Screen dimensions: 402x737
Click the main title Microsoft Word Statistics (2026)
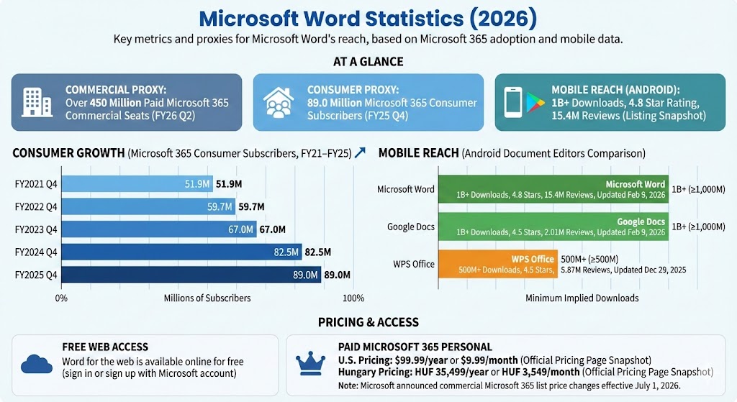click(x=368, y=17)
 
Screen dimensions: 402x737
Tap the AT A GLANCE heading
click(x=368, y=62)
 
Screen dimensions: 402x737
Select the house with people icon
click(x=277, y=101)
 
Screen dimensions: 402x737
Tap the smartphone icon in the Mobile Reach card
click(x=512, y=102)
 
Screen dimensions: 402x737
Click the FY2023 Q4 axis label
click(x=35, y=229)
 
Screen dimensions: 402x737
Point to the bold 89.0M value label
click(x=337, y=275)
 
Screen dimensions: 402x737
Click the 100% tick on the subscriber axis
click(x=353, y=298)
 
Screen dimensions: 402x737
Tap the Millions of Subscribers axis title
click(x=207, y=298)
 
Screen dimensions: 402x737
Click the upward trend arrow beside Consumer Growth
click(x=361, y=152)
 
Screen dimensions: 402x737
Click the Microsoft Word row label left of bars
click(x=406, y=189)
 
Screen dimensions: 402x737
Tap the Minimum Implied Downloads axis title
click(x=582, y=298)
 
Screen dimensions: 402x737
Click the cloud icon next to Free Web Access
click(x=36, y=364)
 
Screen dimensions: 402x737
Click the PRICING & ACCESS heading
click(x=368, y=322)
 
